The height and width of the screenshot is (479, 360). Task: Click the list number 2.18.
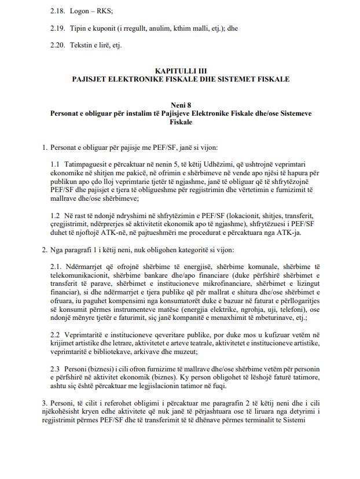(x=57, y=10)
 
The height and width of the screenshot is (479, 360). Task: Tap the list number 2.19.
(x=57, y=27)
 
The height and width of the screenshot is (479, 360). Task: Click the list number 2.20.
(x=57, y=45)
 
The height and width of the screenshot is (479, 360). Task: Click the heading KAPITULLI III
(x=180, y=70)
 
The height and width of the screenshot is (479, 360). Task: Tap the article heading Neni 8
(x=180, y=105)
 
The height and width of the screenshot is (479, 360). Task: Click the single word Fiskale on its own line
(x=180, y=122)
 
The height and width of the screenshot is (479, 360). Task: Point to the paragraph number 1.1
(x=56, y=165)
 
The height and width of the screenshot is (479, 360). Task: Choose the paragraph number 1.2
(x=56, y=216)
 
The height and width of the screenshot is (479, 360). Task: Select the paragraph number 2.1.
(x=57, y=267)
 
